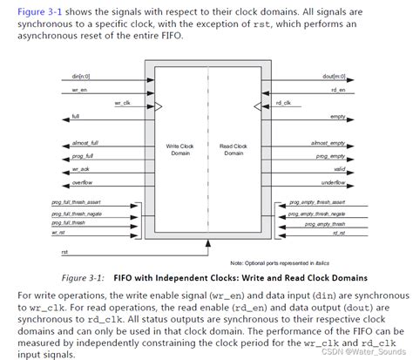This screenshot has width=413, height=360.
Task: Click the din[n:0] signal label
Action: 82,78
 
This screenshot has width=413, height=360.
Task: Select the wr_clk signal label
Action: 122,103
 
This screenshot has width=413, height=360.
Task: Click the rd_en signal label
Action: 336,90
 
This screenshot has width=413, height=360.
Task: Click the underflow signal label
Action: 332,184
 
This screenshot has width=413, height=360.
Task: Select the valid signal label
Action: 338,168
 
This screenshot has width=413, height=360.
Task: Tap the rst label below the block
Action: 64,252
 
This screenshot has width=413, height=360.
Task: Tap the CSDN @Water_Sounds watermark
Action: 366,352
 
